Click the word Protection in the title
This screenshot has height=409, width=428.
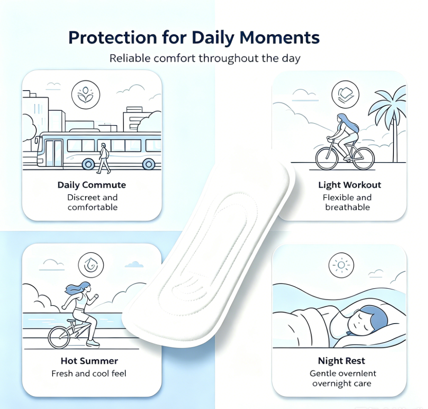pos(112,38)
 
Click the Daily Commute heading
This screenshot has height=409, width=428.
pos(92,185)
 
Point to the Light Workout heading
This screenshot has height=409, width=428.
pos(349,185)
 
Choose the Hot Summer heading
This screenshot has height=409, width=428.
pos(89,361)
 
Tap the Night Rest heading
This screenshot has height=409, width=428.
pos(342,361)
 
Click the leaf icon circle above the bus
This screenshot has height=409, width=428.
pos(86,94)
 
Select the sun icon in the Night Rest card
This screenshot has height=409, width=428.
pos(341,265)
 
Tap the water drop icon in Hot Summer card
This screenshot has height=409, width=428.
pos(91,265)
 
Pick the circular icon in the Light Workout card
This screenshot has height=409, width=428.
pos(345,94)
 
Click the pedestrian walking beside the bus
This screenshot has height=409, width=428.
pos(104,158)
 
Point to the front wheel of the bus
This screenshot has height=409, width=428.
pos(88,164)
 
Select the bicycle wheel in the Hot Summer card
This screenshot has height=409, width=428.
pos(59,337)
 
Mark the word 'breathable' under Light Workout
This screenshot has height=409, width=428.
pos(348,207)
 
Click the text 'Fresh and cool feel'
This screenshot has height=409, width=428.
pos(89,374)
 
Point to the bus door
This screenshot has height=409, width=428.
pos(54,153)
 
